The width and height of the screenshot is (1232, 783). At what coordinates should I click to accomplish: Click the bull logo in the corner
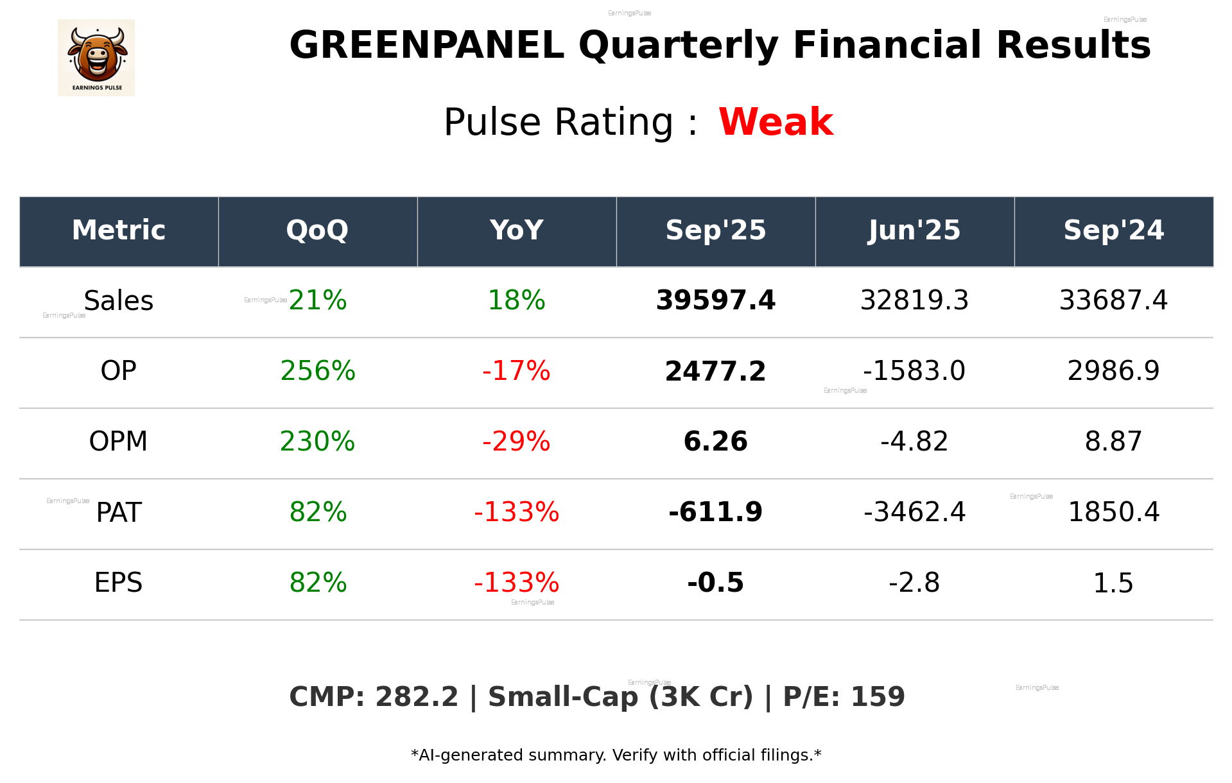pos(96,58)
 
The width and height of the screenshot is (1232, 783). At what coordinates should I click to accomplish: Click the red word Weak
pos(776,122)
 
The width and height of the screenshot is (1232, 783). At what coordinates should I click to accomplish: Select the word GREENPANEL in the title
pos(427,46)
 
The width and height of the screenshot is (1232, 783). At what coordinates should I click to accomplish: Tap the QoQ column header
pos(317,230)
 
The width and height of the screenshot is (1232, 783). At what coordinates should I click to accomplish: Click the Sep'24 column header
pos(1113,230)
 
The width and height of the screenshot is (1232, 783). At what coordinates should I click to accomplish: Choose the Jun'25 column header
pos(914,230)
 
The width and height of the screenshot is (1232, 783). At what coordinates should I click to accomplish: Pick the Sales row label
pos(119,301)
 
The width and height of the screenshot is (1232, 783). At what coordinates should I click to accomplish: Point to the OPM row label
pos(118,442)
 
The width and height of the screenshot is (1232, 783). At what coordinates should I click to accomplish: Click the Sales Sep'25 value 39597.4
pos(715,301)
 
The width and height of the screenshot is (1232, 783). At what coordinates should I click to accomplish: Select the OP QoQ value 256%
pos(318,371)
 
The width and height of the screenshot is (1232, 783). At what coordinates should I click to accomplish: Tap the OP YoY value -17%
pos(516,371)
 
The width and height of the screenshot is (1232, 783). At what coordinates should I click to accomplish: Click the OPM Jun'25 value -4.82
pos(914,442)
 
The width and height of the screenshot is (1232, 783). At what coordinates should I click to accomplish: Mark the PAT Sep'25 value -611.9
pos(715,512)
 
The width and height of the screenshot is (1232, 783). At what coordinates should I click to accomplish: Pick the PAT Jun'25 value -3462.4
pos(914,512)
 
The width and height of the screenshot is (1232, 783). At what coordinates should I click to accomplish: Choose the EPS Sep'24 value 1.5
pos(1113,583)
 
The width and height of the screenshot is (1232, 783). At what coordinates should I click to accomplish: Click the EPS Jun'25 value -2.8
pos(914,583)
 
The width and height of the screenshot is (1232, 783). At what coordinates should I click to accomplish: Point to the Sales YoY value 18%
pos(516,301)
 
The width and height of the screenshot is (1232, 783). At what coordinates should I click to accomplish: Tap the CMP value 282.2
pos(417,698)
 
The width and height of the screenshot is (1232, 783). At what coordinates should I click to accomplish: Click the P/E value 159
pos(878,698)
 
